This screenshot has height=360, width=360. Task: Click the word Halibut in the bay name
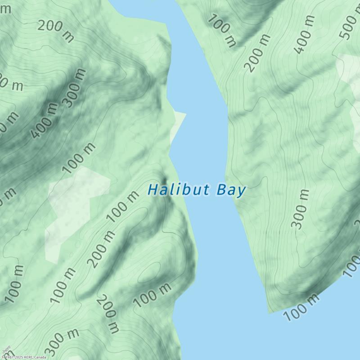(x=179, y=189)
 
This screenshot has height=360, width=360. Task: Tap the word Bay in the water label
(x=231, y=190)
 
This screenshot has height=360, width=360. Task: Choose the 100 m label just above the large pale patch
(x=80, y=157)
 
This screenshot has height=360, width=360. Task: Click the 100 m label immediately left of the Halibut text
(x=122, y=207)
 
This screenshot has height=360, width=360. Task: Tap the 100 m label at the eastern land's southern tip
(x=301, y=307)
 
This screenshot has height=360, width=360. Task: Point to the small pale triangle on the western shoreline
(x=177, y=124)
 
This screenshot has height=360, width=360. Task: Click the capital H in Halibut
(x=153, y=189)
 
